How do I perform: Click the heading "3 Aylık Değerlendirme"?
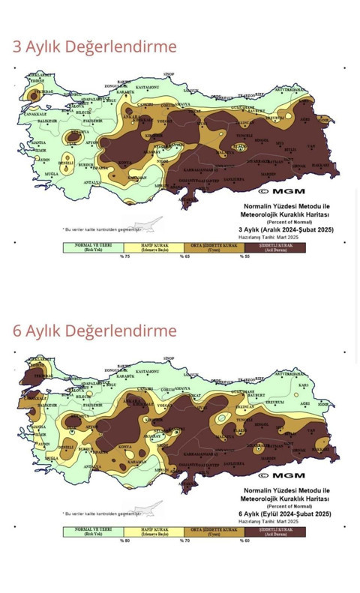pyautogui.click(x=94, y=47)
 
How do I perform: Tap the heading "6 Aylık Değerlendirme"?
pyautogui.click(x=94, y=331)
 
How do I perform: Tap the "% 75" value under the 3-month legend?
pyautogui.click(x=125, y=256)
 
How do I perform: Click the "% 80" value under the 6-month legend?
pyautogui.click(x=125, y=541)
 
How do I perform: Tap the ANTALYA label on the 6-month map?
pyautogui.click(x=92, y=466)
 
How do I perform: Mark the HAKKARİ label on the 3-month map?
pyautogui.click(x=320, y=165)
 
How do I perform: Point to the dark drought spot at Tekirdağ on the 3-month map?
pyautogui.click(x=34, y=95)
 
